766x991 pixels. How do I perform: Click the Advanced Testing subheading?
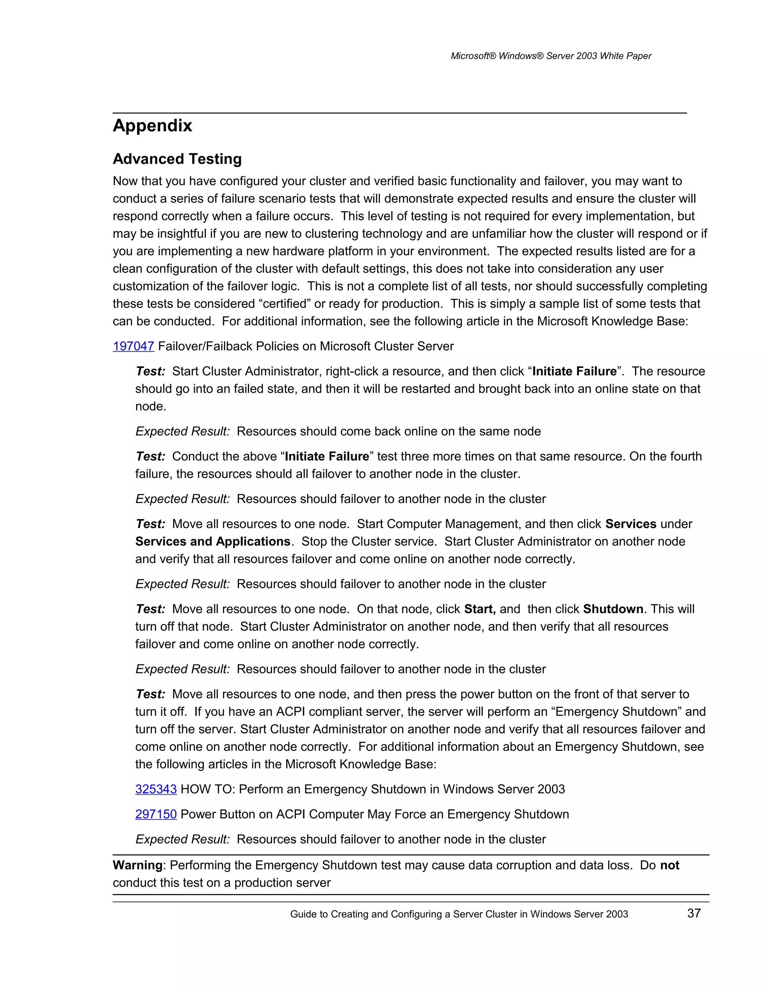click(x=177, y=159)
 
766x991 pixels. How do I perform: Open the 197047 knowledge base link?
click(x=134, y=346)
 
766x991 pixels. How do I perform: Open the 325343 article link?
click(x=156, y=789)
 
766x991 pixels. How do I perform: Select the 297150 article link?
click(x=156, y=814)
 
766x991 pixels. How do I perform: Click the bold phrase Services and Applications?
click(x=212, y=541)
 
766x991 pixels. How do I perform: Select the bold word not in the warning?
click(x=670, y=865)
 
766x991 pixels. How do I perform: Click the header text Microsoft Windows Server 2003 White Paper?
click(x=551, y=56)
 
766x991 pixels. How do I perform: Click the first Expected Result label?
click(x=183, y=431)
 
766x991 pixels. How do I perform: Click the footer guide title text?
click(x=459, y=914)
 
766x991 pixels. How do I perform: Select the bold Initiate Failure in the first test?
click(x=574, y=371)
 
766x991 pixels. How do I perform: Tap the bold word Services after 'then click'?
click(x=631, y=524)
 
